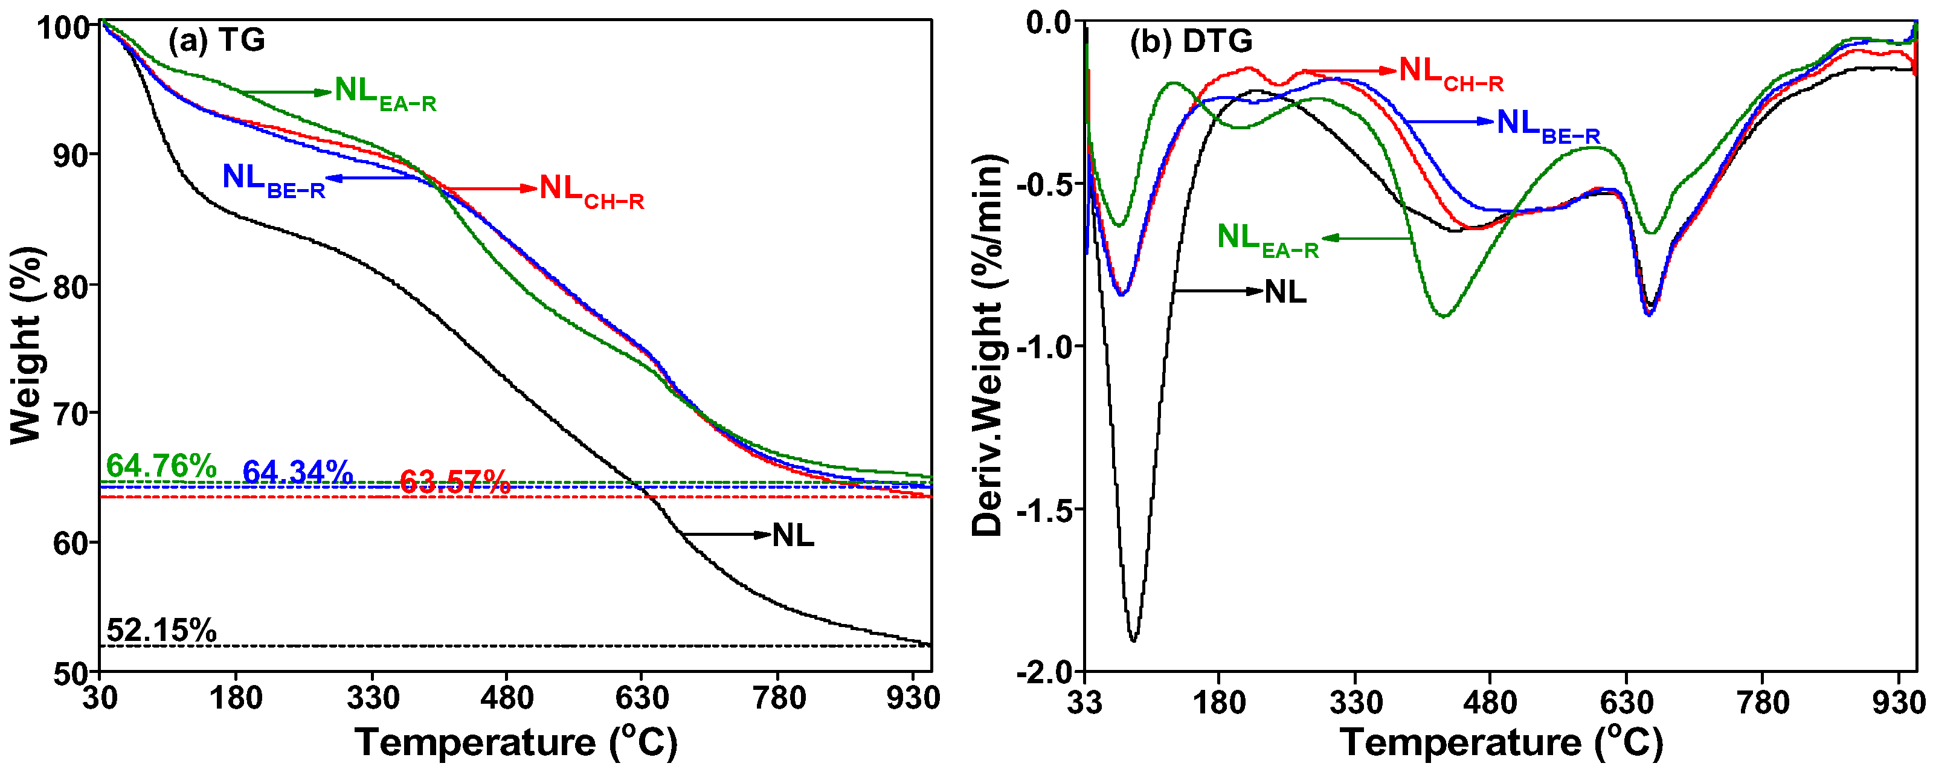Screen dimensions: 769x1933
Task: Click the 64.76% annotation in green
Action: (161, 466)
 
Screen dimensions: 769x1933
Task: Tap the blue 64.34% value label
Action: (297, 472)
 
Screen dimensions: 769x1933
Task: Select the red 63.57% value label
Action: (454, 481)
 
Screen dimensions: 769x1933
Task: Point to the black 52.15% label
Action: (161, 630)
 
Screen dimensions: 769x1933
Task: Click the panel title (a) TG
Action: (216, 40)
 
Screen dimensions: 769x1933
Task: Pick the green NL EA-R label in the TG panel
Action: (384, 93)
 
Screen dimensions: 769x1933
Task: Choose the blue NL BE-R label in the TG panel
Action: (273, 180)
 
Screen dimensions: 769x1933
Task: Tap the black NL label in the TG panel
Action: (793, 536)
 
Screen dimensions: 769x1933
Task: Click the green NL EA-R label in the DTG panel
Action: (1267, 239)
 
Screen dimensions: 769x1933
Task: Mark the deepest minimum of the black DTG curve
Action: (1133, 640)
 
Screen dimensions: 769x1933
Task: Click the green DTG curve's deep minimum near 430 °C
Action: (1444, 316)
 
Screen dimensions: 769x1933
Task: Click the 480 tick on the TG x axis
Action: (507, 698)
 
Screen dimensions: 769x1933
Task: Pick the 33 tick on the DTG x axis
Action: (1085, 703)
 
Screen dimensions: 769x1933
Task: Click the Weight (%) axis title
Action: (26, 345)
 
